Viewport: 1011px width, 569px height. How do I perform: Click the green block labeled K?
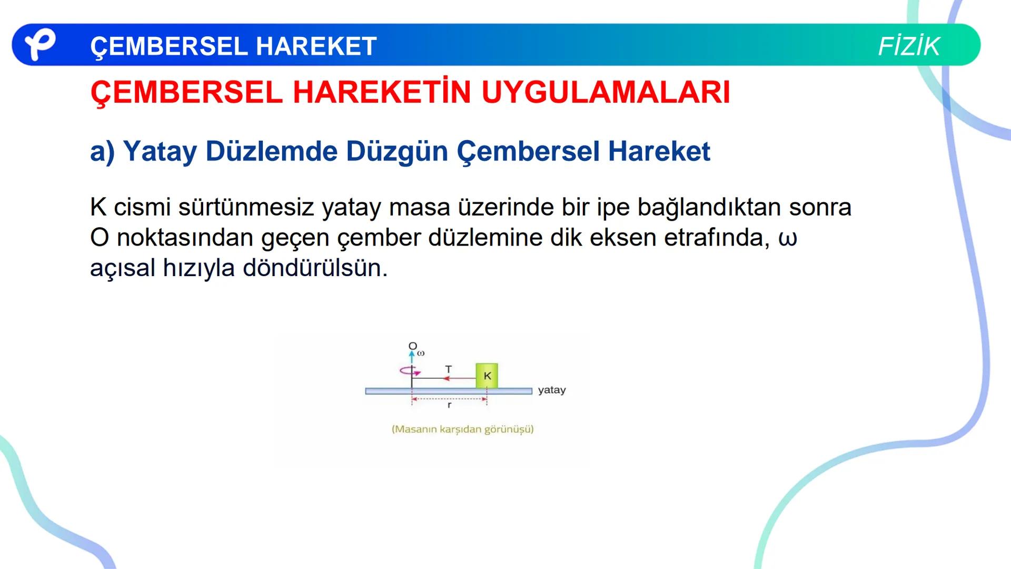coord(487,376)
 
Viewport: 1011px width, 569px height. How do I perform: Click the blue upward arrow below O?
coord(412,357)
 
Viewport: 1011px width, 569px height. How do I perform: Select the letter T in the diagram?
coord(449,369)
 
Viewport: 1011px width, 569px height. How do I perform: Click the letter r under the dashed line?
coord(449,406)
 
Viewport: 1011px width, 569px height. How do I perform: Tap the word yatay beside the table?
coord(552,390)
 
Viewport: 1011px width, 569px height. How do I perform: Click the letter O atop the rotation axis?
coord(412,346)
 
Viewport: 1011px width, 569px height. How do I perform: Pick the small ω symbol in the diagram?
coord(421,353)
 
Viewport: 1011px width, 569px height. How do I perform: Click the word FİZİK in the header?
coord(908,46)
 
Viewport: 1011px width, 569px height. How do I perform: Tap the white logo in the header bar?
coord(39,45)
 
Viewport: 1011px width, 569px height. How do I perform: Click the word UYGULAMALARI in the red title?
coord(606,93)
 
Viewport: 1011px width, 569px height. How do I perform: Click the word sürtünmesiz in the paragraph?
coord(246,207)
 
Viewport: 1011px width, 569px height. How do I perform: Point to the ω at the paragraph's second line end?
coord(788,238)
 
